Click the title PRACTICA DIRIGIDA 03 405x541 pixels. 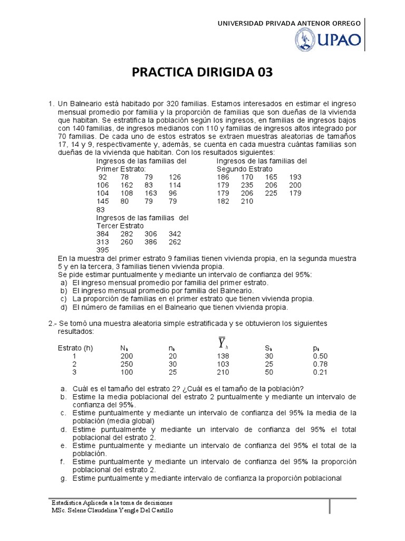202,72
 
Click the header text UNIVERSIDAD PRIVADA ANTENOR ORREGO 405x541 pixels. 289,23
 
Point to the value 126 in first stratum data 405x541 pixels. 175,177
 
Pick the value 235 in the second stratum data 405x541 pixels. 247,185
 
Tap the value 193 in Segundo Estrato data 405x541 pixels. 295,177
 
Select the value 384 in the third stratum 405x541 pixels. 103,234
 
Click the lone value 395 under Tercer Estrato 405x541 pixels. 103,250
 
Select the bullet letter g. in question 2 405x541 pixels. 63,478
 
